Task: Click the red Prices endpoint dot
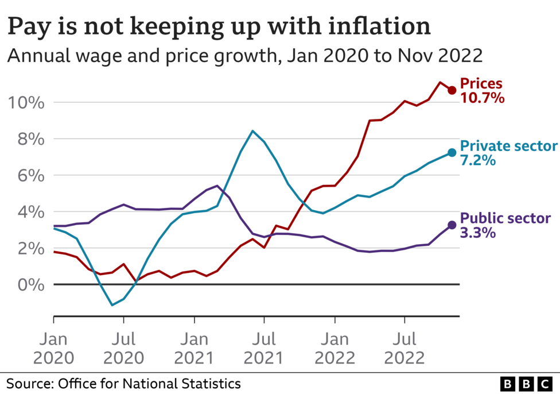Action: click(x=452, y=90)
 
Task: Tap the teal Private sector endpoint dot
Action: click(x=452, y=153)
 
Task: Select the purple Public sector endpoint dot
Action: click(x=452, y=225)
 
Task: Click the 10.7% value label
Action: click(x=482, y=98)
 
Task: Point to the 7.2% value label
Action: click(x=477, y=160)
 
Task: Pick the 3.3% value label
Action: click(x=477, y=233)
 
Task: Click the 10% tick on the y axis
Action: click(x=26, y=103)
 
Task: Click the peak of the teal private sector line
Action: click(x=252, y=131)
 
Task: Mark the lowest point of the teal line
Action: click(x=112, y=305)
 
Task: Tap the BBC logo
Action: click(x=524, y=383)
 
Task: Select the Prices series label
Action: click(x=481, y=84)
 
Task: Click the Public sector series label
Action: click(x=505, y=218)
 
